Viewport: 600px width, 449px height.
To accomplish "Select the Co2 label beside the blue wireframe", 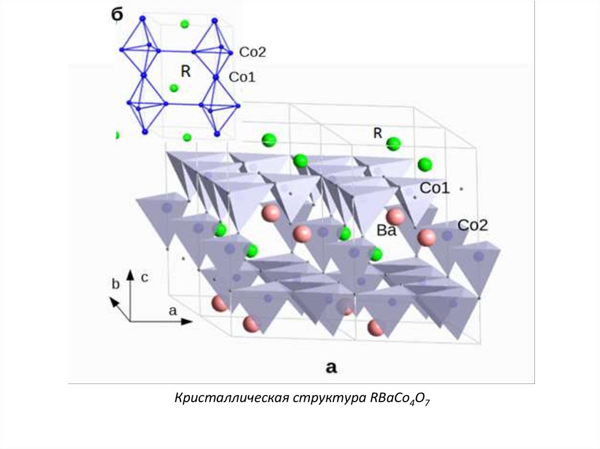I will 253,52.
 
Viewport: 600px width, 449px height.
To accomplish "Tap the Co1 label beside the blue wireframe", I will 242,77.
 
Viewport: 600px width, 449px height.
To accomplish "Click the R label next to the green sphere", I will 378,133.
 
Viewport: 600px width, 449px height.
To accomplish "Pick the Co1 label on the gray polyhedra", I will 435,188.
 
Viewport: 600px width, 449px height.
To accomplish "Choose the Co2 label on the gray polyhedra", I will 472,225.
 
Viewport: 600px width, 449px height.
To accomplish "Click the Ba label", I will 387,231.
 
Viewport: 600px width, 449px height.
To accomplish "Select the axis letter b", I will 116,284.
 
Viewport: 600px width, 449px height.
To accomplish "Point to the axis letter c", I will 144,277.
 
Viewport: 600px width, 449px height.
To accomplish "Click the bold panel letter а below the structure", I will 331,367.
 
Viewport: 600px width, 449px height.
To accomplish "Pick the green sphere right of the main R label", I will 394,143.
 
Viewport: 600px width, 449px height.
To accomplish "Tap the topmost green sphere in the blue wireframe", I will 185,24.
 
